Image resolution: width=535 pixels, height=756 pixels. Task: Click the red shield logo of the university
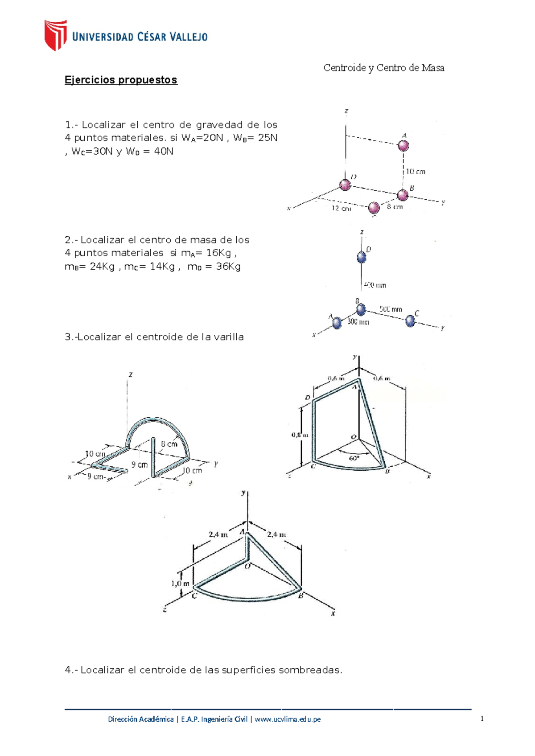[x=55, y=35]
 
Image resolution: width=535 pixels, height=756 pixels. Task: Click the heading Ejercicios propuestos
[x=121, y=80]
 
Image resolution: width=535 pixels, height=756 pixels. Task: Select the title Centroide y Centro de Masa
[x=383, y=68]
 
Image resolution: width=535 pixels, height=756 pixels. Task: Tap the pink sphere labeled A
[x=403, y=145]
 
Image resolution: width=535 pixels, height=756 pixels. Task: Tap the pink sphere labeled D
[x=345, y=185]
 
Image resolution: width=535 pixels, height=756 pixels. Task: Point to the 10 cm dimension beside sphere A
[x=415, y=171]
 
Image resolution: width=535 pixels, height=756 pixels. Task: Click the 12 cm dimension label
[x=341, y=208]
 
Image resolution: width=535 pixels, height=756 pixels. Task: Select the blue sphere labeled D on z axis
[x=362, y=257]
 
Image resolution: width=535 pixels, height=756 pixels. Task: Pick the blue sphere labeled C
[x=410, y=320]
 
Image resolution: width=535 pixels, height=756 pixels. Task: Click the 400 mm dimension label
[x=374, y=285]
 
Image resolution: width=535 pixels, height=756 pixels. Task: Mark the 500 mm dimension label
[x=391, y=309]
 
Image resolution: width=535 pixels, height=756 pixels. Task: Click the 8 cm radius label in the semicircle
[x=169, y=444]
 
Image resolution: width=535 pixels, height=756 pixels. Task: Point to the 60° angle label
[x=354, y=458]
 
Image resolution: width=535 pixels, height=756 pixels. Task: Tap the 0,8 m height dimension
[x=300, y=435]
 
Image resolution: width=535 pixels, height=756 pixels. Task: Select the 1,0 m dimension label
[x=180, y=583]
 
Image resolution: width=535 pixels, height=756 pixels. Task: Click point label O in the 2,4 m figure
[x=247, y=566]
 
